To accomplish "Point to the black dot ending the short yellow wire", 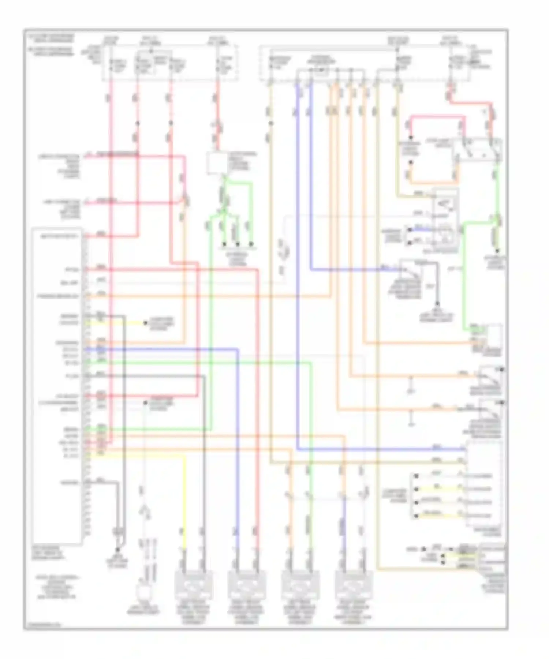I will pyautogui.click(x=145, y=323).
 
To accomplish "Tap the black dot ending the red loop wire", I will pyautogui.click(x=410, y=138).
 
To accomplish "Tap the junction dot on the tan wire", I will pyautogui.click(x=271, y=123).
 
